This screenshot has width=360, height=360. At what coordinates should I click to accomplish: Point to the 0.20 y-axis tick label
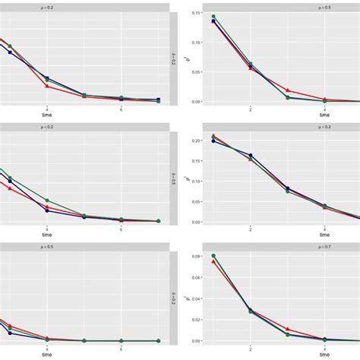195,141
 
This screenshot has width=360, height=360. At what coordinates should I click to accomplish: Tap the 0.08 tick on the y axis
195,256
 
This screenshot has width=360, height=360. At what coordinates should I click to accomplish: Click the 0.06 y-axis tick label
195,277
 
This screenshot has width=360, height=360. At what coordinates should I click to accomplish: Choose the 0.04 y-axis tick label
195,298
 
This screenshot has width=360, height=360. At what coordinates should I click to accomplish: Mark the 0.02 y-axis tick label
195,320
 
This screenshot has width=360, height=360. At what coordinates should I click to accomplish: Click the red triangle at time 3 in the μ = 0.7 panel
287,330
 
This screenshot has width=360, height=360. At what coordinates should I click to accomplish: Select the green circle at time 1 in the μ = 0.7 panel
213,256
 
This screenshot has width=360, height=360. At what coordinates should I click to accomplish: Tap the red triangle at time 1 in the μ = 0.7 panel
213,261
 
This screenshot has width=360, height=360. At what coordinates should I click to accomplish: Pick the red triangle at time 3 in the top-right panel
287,90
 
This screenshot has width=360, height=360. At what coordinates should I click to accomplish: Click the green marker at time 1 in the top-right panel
213,16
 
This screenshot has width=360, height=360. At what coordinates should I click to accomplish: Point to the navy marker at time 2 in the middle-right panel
251,156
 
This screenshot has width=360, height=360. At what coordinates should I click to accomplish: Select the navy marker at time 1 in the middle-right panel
213,141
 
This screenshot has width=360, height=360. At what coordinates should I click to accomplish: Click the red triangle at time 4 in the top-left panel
47,86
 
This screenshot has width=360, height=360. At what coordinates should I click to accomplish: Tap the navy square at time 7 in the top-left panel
158,99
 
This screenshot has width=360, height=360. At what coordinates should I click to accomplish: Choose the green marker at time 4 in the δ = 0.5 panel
47,201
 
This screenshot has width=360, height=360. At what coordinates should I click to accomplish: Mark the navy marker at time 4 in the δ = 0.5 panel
47,210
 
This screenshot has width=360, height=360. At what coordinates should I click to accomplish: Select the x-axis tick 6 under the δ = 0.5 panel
122,228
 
